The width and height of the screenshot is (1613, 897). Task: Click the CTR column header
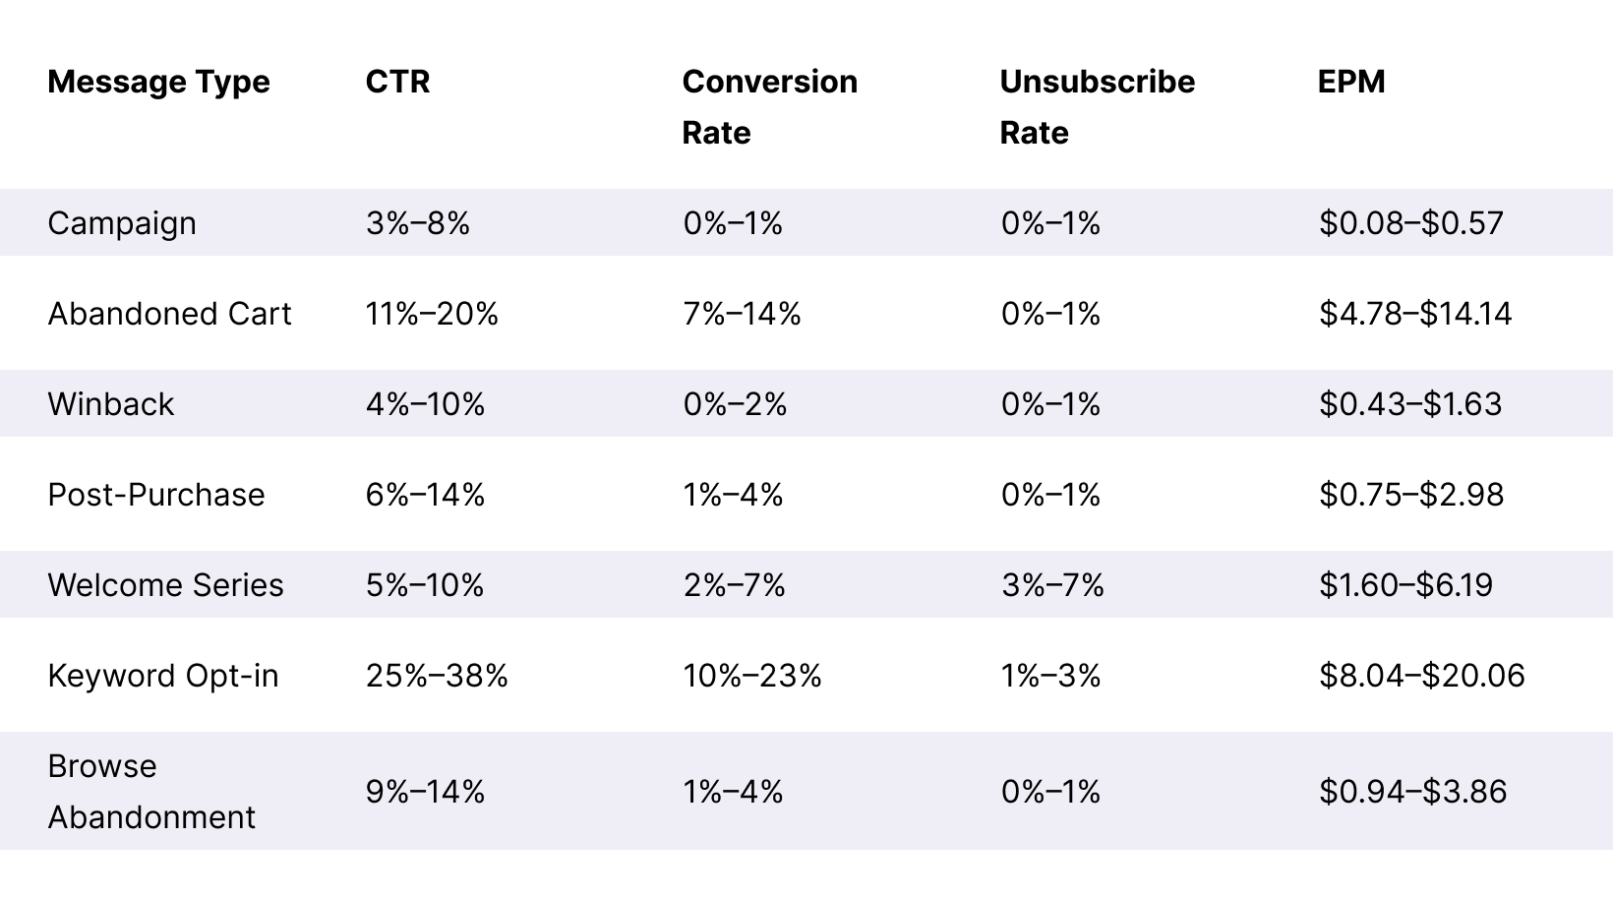(x=397, y=82)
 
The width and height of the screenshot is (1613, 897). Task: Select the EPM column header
(x=1351, y=82)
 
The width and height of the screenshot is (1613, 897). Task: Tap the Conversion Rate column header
(x=769, y=106)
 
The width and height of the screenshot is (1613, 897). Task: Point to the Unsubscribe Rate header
(x=1097, y=106)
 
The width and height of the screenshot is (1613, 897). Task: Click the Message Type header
(x=158, y=82)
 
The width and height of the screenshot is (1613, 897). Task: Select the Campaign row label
(x=122, y=223)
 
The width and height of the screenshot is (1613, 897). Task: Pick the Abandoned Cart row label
(x=169, y=314)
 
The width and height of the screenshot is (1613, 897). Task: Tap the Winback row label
(x=110, y=404)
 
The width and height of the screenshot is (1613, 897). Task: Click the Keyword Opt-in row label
(x=163, y=676)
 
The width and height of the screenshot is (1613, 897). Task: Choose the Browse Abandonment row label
(x=151, y=792)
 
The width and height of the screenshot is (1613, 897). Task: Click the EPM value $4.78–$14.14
(x=1415, y=314)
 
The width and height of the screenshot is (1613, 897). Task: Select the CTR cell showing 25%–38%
(x=437, y=676)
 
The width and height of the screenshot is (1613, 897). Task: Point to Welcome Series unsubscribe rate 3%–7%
(x=1052, y=585)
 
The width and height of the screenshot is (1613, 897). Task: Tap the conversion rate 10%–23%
(x=752, y=676)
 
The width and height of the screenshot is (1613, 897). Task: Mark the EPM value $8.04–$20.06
(x=1422, y=676)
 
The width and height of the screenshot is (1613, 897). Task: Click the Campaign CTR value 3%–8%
(x=418, y=223)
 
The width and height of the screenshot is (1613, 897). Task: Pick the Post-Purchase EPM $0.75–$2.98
(x=1411, y=495)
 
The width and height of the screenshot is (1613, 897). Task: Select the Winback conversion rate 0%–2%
(x=735, y=404)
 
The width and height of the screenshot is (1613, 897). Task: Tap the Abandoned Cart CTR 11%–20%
(x=432, y=314)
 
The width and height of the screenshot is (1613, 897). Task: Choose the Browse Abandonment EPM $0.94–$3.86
(x=1412, y=792)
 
